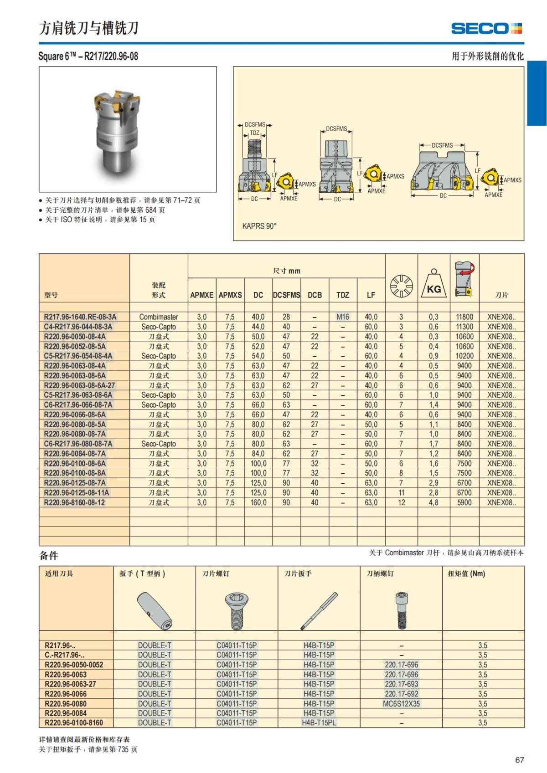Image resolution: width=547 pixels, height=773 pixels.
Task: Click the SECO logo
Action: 486,28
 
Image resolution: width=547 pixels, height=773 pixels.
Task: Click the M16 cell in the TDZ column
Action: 343,317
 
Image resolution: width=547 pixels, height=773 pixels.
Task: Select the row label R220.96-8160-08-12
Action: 74,502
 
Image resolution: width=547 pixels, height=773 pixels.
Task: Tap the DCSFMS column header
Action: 286,295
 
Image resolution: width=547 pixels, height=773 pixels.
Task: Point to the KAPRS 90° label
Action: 259,226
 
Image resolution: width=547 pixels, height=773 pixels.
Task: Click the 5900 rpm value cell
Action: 464,502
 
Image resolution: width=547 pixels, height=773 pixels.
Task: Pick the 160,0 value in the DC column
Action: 258,502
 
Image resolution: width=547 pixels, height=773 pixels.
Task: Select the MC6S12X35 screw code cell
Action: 401,703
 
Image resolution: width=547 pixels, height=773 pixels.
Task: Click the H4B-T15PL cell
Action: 319,723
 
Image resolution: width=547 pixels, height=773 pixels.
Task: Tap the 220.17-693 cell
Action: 401,684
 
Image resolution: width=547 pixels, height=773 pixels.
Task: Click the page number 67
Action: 519,760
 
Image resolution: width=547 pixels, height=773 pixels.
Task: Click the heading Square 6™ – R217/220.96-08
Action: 88,56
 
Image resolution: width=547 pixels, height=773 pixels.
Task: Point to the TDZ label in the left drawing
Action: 254,133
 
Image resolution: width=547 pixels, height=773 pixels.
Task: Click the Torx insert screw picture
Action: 237,611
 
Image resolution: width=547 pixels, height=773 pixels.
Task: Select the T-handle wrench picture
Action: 155,612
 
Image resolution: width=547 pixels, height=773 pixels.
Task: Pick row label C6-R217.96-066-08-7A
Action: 78,405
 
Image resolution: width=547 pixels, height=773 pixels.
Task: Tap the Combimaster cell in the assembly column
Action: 159,317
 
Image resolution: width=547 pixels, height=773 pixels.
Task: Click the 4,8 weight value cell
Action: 433,502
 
